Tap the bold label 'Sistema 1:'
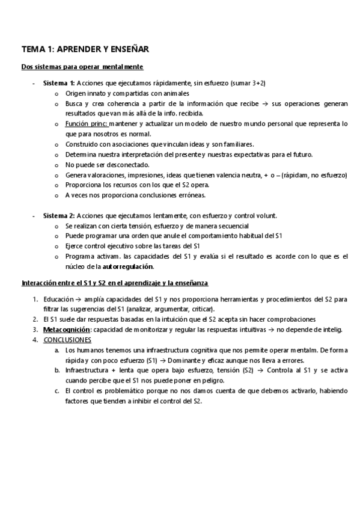coord(59,83)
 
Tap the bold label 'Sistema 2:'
coord(59,215)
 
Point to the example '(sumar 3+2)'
coord(249,83)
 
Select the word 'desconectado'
coord(130,164)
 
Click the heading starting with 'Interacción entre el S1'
coord(114,283)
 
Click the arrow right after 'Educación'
coord(80,299)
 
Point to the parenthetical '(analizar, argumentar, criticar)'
coord(186,309)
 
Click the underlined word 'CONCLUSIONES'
coord(67,340)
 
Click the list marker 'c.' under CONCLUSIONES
coord(56,390)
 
